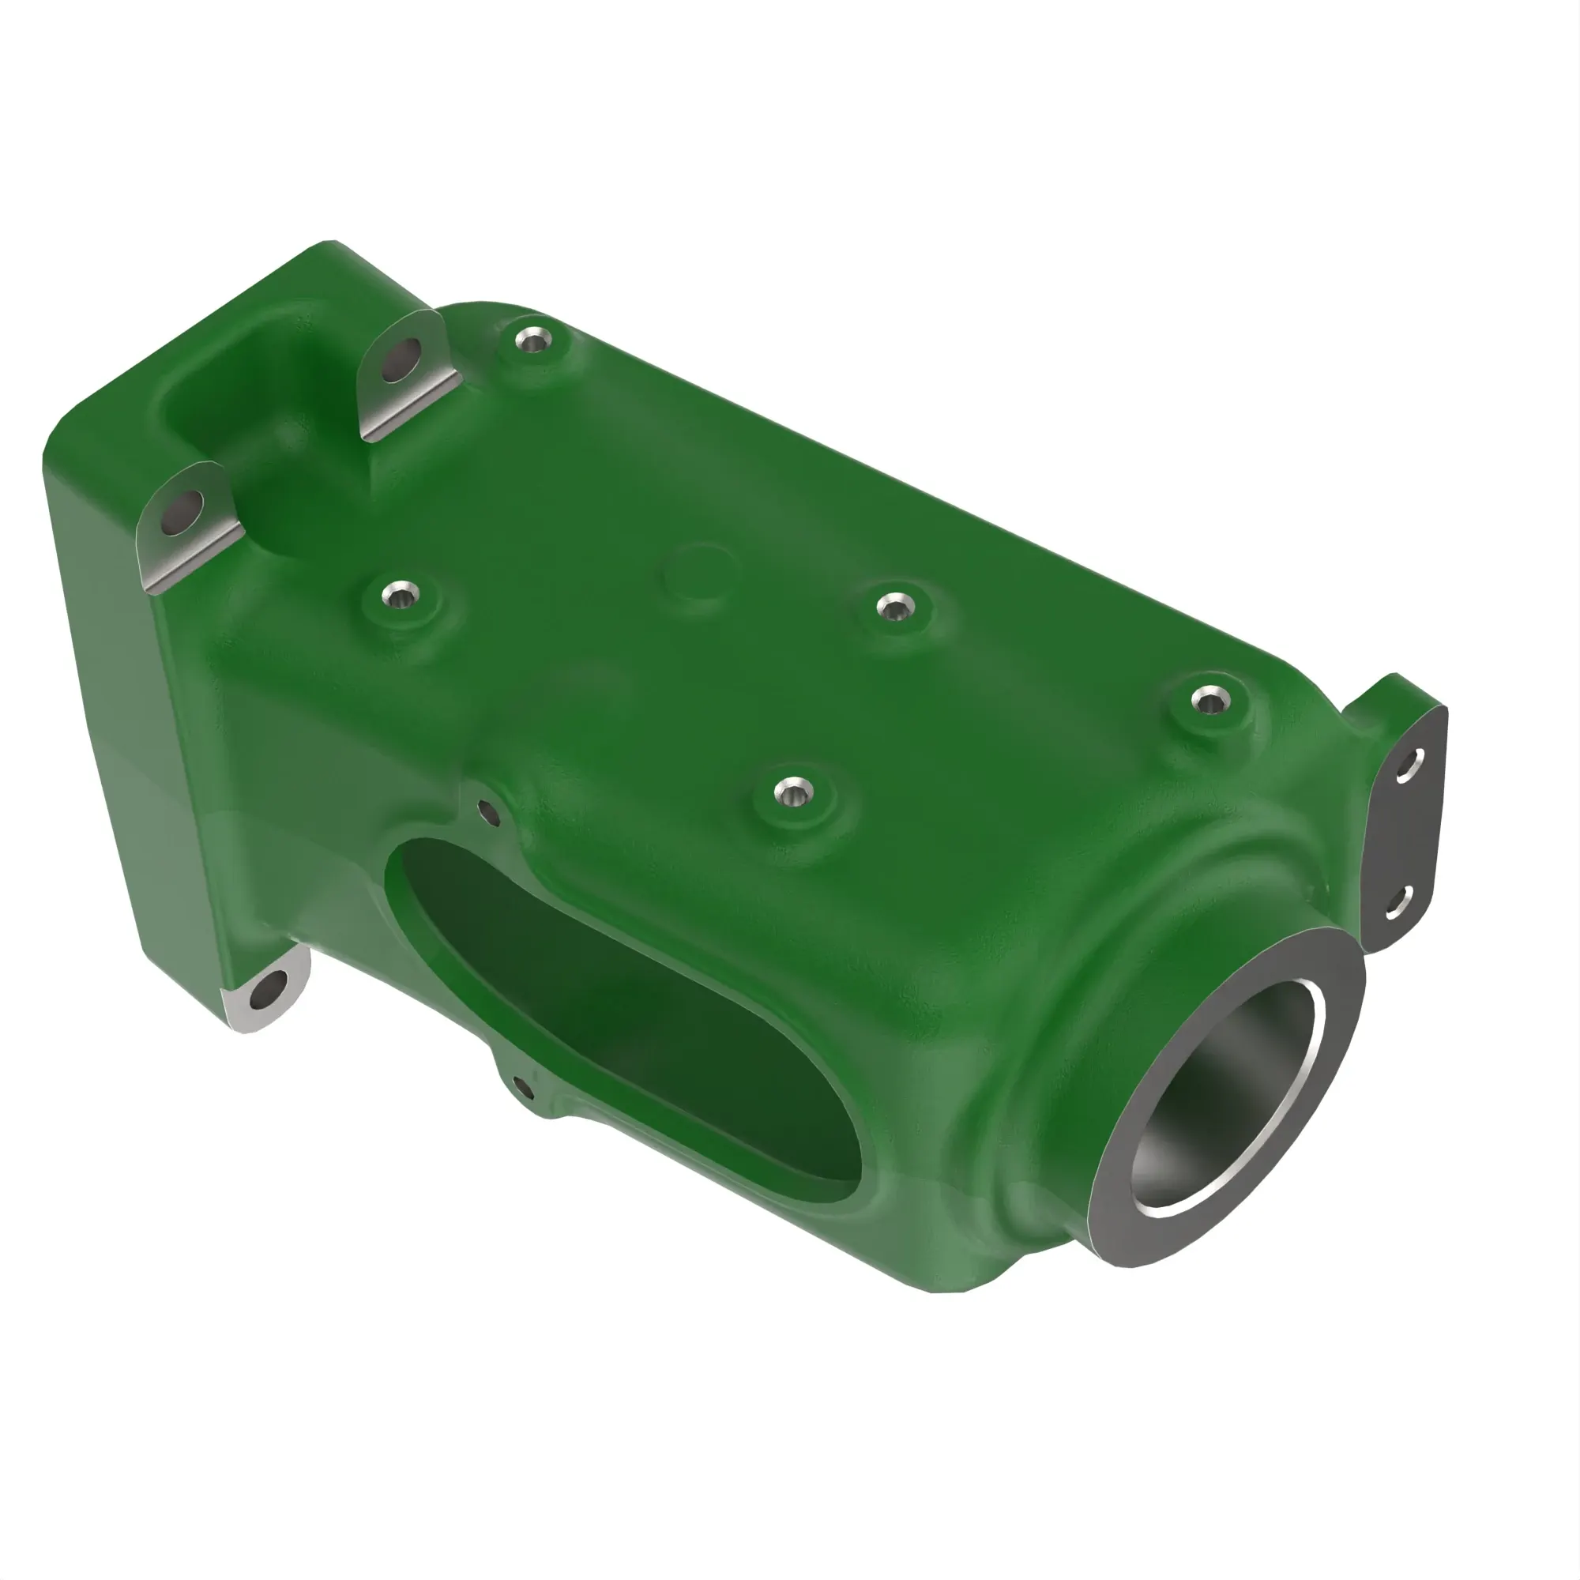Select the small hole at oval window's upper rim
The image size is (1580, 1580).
click(488, 813)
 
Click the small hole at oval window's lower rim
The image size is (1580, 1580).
click(524, 1089)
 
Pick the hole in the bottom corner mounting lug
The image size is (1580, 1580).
click(266, 996)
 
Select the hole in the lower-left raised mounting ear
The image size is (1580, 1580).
click(183, 512)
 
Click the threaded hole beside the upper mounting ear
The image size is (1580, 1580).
click(536, 340)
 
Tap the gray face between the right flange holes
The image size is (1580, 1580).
click(1402, 834)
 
